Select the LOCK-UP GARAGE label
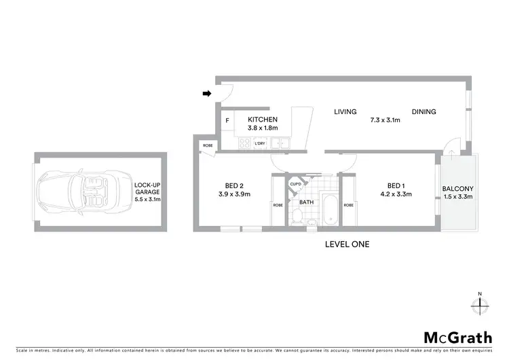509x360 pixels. pos(147,192)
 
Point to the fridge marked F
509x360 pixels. pos(227,121)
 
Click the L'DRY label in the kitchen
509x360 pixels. pos(259,144)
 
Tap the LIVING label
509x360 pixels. pos(345,112)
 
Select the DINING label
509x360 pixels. pos(423,112)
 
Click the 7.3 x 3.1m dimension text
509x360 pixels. pos(384,120)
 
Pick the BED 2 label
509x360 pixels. pos(234,185)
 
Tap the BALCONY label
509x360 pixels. pos(457,189)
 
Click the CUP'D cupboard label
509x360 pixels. pos(295,183)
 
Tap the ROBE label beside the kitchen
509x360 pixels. pos(207,145)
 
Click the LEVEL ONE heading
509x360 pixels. pos(346,243)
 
